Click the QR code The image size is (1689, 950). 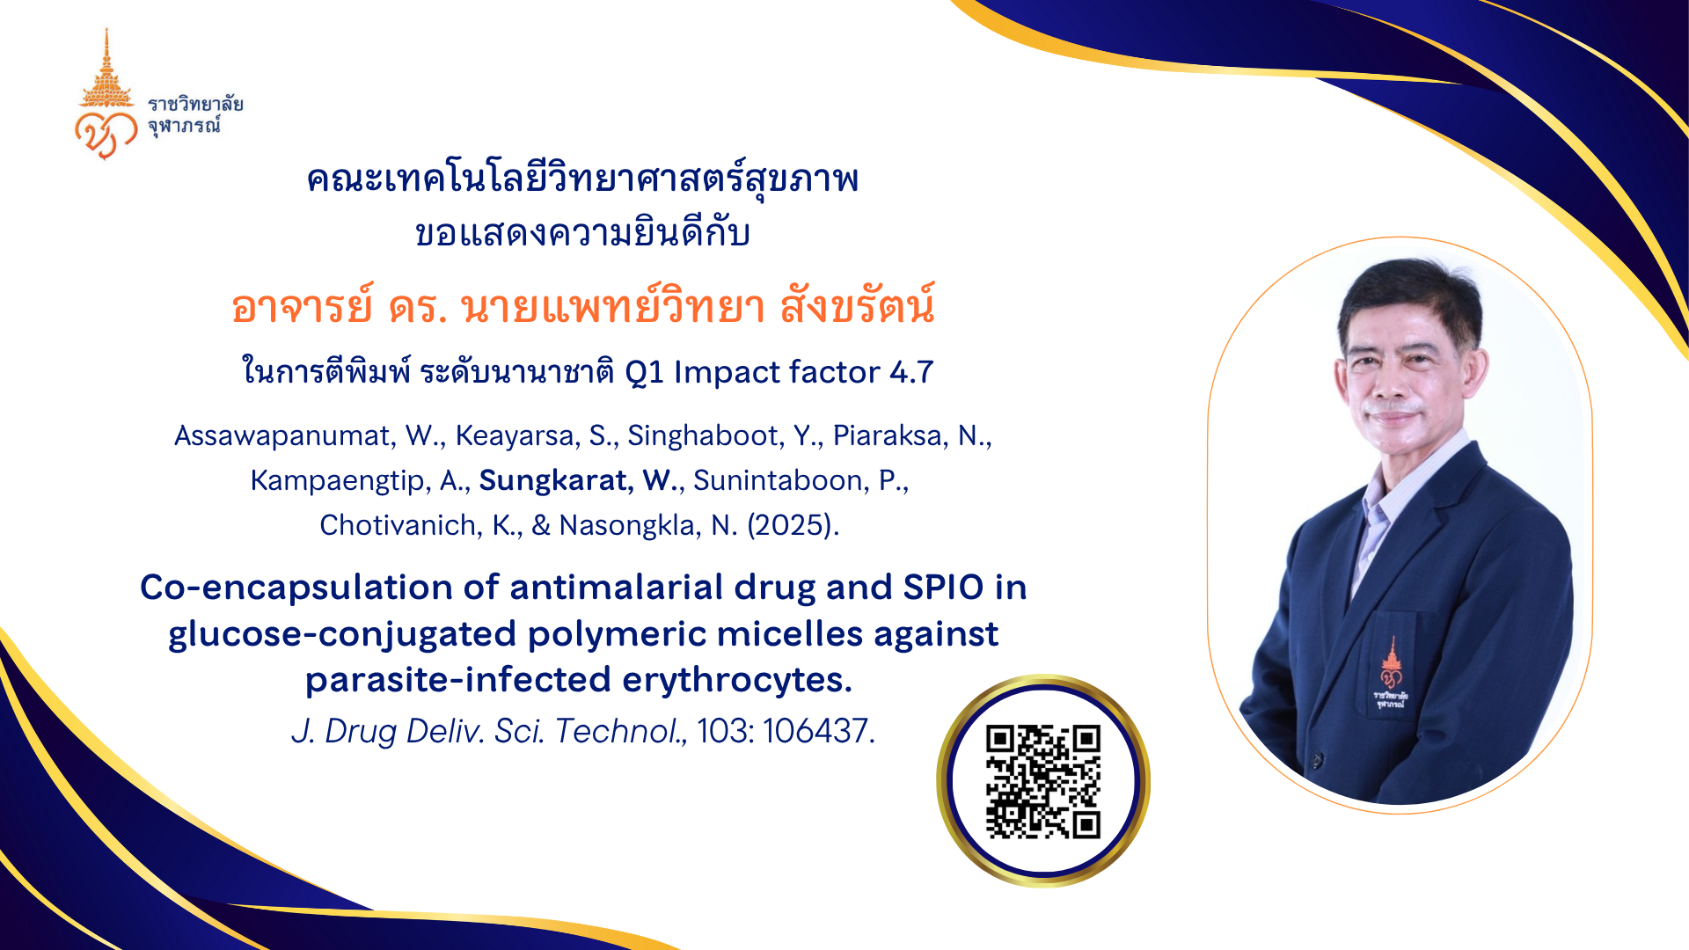pos(1043,781)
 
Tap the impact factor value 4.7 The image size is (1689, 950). pos(911,372)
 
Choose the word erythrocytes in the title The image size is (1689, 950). pos(737,680)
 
